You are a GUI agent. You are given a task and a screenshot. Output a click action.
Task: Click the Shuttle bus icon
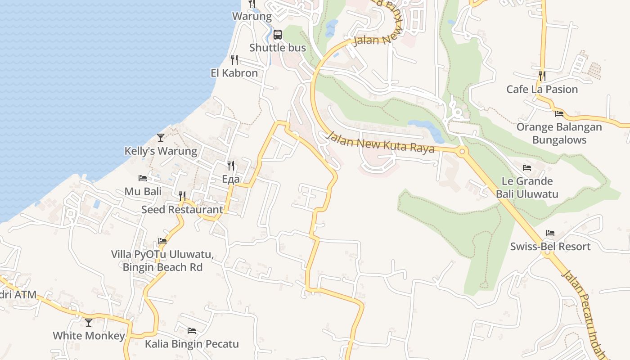tap(278, 35)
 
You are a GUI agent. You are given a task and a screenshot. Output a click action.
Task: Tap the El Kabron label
tap(234, 73)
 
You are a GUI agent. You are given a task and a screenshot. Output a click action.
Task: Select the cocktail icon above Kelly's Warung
tap(161, 137)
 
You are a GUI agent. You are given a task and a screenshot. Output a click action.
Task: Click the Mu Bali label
tap(143, 191)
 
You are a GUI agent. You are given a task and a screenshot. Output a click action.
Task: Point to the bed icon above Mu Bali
tap(143, 178)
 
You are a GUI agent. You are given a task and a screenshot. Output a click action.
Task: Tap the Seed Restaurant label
tap(182, 209)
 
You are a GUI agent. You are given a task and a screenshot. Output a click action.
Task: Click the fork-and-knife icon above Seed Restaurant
tap(182, 196)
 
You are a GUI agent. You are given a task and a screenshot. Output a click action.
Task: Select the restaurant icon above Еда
tap(231, 166)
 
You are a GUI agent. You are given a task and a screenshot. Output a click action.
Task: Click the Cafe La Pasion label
tap(542, 89)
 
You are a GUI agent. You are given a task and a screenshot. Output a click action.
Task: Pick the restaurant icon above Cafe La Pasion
tap(542, 76)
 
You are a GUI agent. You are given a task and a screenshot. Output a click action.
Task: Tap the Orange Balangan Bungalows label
tap(559, 133)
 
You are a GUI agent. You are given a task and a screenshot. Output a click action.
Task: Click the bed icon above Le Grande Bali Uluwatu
tap(527, 168)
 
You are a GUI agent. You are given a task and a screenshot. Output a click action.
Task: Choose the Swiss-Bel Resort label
tap(550, 247)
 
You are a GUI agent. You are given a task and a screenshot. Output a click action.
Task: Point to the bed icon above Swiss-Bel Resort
tap(550, 233)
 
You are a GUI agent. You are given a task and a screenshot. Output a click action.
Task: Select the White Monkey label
tap(89, 336)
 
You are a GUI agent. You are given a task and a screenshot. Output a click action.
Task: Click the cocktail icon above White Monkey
tap(89, 322)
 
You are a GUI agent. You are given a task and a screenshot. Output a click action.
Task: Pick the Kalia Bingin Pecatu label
tap(192, 344)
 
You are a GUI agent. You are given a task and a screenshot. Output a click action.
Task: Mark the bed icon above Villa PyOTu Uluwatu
tap(162, 241)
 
